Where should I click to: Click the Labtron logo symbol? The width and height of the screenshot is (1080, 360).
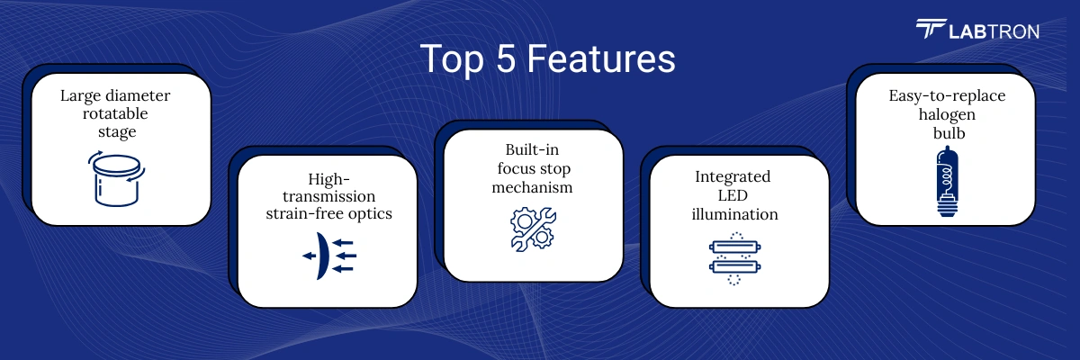(931, 29)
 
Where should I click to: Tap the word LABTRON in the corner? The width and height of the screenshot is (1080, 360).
(994, 31)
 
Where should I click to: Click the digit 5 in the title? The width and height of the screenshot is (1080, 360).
(505, 58)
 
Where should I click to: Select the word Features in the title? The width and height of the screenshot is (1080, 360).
(601, 58)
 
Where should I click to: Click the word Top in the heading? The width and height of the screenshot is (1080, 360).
(452, 59)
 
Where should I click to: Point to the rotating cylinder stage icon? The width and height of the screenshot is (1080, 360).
(117, 178)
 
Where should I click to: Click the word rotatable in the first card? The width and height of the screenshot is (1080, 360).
(115, 113)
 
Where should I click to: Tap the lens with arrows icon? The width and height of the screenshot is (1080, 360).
(329, 256)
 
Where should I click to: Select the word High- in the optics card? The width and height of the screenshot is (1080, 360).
(328, 179)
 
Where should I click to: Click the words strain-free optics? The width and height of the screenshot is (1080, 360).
(328, 213)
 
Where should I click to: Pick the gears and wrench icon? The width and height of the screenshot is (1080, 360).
(533, 229)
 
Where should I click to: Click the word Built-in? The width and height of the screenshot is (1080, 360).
(532, 149)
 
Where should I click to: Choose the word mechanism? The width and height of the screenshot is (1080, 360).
(532, 187)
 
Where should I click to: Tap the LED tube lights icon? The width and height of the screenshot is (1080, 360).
(734, 258)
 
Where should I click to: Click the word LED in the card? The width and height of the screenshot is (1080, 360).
(733, 195)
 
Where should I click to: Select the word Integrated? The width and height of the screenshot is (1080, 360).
(733, 177)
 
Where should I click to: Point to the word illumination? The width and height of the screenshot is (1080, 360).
(734, 214)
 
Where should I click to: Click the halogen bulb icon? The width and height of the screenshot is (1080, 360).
(948, 181)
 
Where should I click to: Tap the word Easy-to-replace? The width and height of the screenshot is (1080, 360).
(947, 96)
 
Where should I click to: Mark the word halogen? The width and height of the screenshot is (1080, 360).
(947, 114)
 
